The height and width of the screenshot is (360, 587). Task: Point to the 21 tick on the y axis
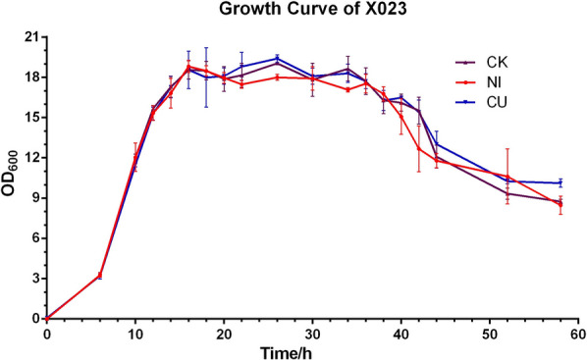(x=29, y=37)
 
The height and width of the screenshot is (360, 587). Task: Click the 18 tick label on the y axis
(x=29, y=77)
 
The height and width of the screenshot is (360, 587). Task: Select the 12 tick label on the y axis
(x=29, y=158)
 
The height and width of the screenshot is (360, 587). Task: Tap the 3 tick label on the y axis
(x=33, y=279)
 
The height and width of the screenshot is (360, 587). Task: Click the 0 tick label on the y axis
(x=33, y=319)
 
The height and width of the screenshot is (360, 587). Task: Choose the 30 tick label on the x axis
(x=312, y=334)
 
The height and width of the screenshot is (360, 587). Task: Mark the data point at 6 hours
(x=100, y=276)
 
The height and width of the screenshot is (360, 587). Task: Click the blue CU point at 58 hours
(x=560, y=183)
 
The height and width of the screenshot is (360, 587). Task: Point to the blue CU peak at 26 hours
(x=277, y=58)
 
